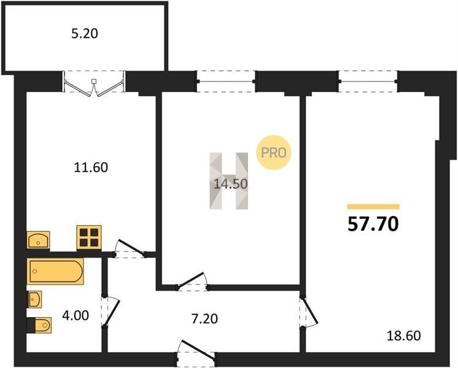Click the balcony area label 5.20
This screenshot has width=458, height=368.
pos(85,34)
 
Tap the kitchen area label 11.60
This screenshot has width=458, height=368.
pos(91,167)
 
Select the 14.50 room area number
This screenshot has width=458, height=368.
pos(231,184)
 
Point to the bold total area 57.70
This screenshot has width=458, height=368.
pos(373,224)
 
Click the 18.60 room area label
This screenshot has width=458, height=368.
pos(404,336)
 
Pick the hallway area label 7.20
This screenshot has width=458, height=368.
pos(204,319)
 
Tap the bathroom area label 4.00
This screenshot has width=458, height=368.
pos(76,315)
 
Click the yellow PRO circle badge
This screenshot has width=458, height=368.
pos(274,153)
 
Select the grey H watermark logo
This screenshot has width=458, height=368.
pos(229,181)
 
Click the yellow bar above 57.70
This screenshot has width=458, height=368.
pos(373,207)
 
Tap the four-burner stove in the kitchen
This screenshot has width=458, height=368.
pos(89,238)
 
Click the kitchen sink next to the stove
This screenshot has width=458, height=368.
pos(38,240)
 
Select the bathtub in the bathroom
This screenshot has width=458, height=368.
pos(55,271)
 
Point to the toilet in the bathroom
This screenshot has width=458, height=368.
pos(39,325)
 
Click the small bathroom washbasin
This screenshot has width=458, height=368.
pos(34,299)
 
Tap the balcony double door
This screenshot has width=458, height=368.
pos(94,85)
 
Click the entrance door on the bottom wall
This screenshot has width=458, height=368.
pos(196,354)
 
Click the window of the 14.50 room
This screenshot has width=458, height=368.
pos(226,82)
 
